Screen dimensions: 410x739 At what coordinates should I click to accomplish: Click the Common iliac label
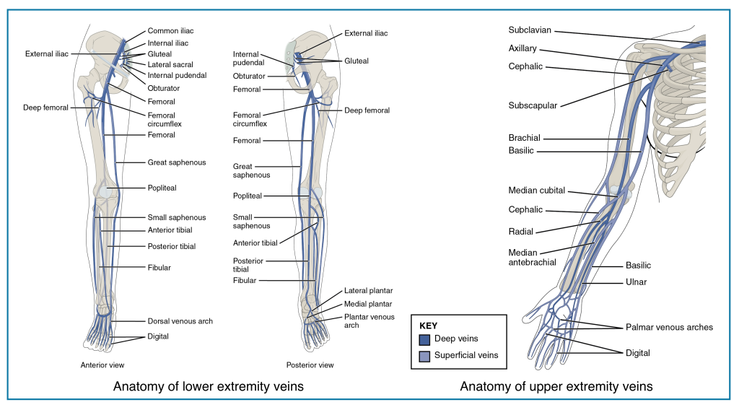coord(170,31)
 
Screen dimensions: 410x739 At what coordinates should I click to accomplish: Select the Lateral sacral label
coord(170,64)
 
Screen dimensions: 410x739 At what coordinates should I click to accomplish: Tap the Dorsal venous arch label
coord(180,320)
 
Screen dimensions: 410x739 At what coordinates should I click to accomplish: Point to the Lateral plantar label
coord(368,291)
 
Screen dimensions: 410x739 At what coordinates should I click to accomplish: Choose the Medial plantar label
coord(368,304)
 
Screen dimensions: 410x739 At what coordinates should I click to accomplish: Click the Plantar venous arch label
coord(369,320)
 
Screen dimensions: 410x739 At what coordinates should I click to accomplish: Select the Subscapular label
coord(533,105)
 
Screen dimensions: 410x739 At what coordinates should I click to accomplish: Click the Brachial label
coord(524,138)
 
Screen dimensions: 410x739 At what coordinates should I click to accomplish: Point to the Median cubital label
coord(536,191)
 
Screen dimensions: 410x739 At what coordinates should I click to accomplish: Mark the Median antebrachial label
coord(532,258)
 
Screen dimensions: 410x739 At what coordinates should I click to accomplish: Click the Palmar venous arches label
coord(669,327)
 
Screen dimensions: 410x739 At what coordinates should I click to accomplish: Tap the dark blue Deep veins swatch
coord(424,339)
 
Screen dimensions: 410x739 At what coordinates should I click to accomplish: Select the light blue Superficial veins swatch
coord(424,355)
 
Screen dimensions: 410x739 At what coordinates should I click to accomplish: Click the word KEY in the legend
coord(428,326)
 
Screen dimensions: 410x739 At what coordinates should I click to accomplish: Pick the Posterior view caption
coord(310,365)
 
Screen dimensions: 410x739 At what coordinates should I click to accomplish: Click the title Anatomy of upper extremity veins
coord(556,387)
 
